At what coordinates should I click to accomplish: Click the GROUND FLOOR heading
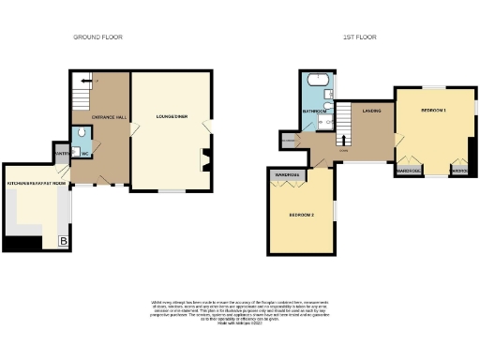pos(98,37)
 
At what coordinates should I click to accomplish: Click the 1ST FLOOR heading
pos(360,37)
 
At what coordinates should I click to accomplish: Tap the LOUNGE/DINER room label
pos(172,117)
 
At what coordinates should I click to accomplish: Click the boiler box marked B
pos(64,242)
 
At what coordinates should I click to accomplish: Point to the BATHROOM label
pos(314,111)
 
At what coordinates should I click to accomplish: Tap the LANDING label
pos(370,110)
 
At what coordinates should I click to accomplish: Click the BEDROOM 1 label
pos(432,111)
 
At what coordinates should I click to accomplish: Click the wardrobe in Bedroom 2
pos(286,175)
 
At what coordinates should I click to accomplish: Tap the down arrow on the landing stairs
pos(345,147)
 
